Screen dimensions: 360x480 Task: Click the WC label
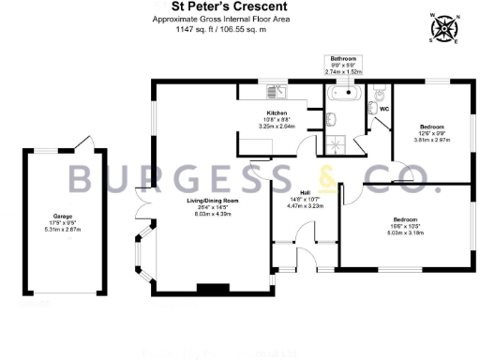tap(383, 109)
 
